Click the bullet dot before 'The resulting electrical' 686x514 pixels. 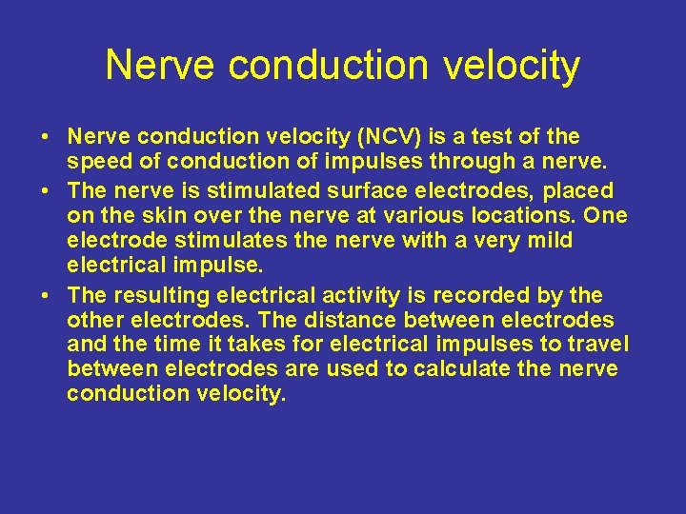46,294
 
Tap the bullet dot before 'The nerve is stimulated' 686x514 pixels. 46,190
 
